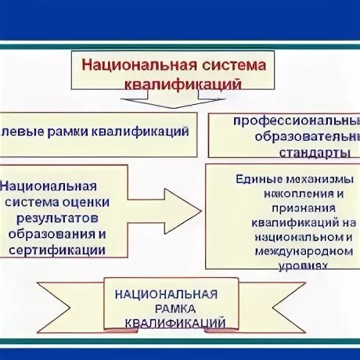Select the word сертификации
click(x=56, y=249)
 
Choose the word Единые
click(x=254, y=178)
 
